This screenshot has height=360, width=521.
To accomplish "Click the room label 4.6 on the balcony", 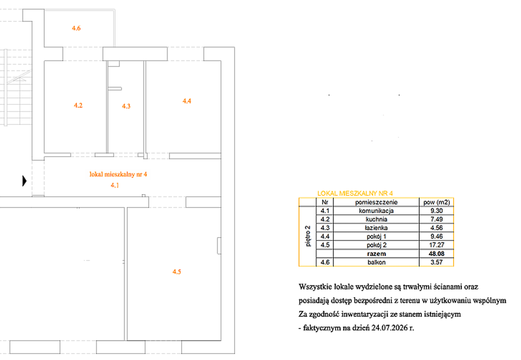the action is point(76,28).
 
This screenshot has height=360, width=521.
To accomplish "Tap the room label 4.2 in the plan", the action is point(78,105).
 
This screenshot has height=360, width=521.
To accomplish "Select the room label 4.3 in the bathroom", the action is point(126,106).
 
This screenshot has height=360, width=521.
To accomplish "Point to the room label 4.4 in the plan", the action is point(187,101).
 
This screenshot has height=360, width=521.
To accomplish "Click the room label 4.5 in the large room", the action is point(177,272).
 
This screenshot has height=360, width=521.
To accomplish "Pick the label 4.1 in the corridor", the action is point(115,185).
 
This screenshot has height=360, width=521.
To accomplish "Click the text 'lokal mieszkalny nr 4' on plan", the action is point(118,174).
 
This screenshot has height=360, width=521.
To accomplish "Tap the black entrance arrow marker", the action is point(24,181).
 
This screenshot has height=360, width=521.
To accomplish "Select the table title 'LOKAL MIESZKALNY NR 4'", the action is point(355,193).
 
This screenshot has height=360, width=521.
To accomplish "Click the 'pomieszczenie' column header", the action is point(376,202).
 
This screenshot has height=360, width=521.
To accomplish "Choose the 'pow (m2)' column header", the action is point(436,202).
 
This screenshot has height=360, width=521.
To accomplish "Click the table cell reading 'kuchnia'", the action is point(377,219).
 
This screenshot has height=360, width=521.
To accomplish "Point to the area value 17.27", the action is point(437,245).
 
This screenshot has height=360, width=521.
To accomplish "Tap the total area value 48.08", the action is point(437,253).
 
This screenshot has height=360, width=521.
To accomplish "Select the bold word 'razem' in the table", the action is point(377,254).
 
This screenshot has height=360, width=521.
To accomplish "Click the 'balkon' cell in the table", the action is point(377,262).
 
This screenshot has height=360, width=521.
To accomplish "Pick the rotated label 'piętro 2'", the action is point(308,236).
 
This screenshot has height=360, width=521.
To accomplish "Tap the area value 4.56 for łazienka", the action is point(437,228).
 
